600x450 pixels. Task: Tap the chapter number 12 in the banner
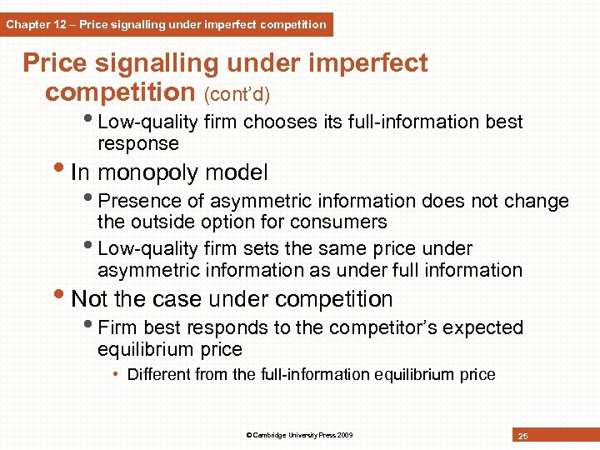60,25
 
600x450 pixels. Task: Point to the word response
138,144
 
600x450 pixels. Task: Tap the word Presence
135,202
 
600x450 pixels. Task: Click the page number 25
523,436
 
